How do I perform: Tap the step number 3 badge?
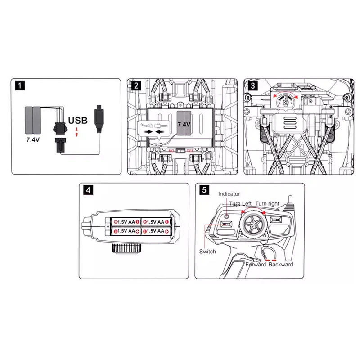pyautogui.click(x=254, y=85)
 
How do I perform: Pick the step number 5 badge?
pyautogui.click(x=205, y=190)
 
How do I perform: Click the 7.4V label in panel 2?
pyautogui.click(x=184, y=124)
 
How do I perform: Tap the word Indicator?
pyautogui.click(x=229, y=194)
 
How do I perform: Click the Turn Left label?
pyautogui.click(x=241, y=204)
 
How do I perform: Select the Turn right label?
pyautogui.click(x=268, y=204)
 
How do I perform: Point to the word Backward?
pyautogui.click(x=281, y=265)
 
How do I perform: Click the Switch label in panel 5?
pyautogui.click(x=207, y=251)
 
